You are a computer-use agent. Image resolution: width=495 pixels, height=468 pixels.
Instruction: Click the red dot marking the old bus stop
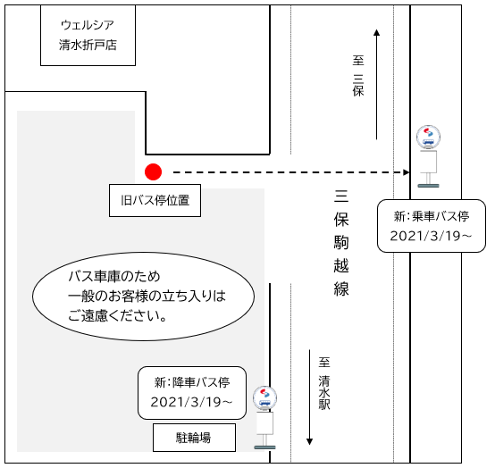153,172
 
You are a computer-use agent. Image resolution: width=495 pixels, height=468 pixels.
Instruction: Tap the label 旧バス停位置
155,200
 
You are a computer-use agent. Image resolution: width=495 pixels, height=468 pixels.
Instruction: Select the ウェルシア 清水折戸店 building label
88,35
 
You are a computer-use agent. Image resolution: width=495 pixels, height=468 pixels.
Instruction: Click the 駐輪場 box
194,438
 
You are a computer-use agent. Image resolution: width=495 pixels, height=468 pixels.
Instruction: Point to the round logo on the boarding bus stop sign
428,137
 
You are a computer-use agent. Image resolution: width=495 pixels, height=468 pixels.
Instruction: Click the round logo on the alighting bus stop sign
264,397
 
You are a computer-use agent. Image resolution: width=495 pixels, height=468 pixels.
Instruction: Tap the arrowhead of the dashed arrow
407,172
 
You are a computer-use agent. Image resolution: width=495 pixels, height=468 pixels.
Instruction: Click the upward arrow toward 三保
376,84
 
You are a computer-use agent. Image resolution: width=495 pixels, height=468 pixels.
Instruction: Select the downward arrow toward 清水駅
310,397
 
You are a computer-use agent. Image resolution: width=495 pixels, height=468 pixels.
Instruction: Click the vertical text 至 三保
358,76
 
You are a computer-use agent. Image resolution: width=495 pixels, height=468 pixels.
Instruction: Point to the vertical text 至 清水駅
324,383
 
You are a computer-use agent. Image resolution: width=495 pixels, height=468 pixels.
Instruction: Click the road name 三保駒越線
341,242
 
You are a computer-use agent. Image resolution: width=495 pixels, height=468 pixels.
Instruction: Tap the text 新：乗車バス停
432,216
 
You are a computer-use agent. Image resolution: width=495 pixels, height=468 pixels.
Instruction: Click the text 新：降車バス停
192,382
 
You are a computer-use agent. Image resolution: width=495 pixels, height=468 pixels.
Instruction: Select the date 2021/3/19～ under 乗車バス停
431,236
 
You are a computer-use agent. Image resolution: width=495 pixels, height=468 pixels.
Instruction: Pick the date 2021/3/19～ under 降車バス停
191,402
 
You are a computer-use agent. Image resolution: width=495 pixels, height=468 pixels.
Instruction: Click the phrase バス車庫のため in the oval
114,277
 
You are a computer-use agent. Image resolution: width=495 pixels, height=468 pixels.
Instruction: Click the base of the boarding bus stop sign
428,186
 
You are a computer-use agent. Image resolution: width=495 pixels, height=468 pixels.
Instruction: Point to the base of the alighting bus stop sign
264,447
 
